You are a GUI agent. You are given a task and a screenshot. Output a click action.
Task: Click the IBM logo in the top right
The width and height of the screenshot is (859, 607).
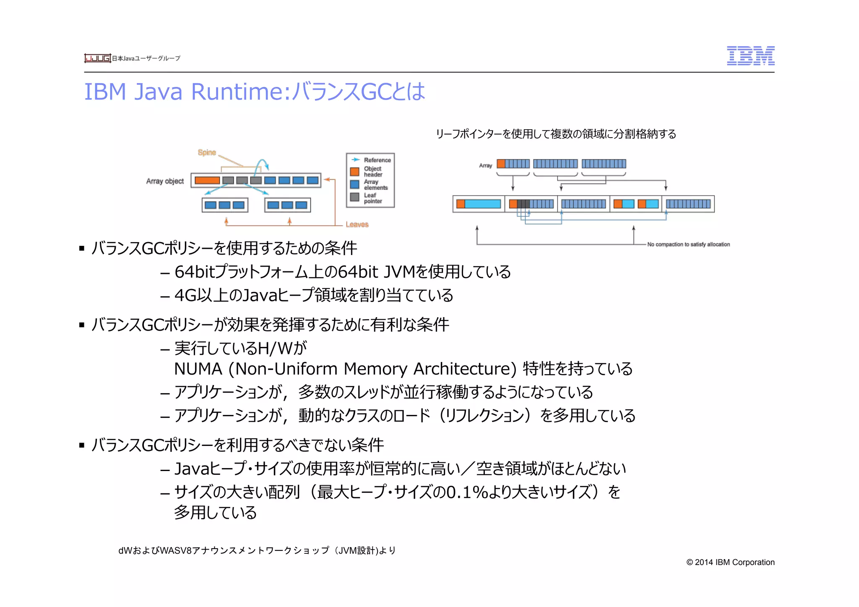pyautogui.click(x=750, y=56)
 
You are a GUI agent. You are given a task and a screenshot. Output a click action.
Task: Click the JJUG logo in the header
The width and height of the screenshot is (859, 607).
pyautogui.click(x=97, y=58)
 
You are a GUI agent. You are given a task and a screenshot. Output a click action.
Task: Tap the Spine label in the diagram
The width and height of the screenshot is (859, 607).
pyautogui.click(x=207, y=152)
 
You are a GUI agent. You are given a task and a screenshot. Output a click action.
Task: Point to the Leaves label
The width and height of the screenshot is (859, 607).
pyautogui.click(x=357, y=224)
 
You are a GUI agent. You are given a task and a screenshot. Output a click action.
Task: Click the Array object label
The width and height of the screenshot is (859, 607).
pyautogui.click(x=165, y=181)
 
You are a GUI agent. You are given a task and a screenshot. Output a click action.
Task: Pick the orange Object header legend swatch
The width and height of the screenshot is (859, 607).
pyautogui.click(x=354, y=172)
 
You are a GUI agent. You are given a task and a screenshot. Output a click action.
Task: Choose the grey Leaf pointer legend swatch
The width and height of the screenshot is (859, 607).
pyautogui.click(x=354, y=197)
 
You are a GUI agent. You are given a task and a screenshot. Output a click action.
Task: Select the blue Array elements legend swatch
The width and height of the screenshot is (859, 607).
pyautogui.click(x=354, y=184)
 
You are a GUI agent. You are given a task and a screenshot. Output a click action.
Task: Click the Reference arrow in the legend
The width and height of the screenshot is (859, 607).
pyautogui.click(x=356, y=160)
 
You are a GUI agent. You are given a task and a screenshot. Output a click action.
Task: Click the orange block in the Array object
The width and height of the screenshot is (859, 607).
pyautogui.click(x=207, y=180)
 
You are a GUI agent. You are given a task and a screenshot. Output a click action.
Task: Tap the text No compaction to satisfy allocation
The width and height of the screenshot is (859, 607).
pyautogui.click(x=688, y=244)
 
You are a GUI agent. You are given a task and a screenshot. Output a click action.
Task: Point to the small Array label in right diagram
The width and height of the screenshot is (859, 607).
pyautogui.click(x=485, y=166)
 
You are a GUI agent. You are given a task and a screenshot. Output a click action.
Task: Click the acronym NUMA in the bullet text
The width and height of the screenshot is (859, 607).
pyautogui.click(x=198, y=369)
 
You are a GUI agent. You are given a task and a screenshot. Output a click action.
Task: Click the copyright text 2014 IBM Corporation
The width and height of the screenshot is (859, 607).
pyautogui.click(x=730, y=562)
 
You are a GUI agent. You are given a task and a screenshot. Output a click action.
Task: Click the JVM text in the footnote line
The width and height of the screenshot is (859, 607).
pyautogui.click(x=348, y=550)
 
